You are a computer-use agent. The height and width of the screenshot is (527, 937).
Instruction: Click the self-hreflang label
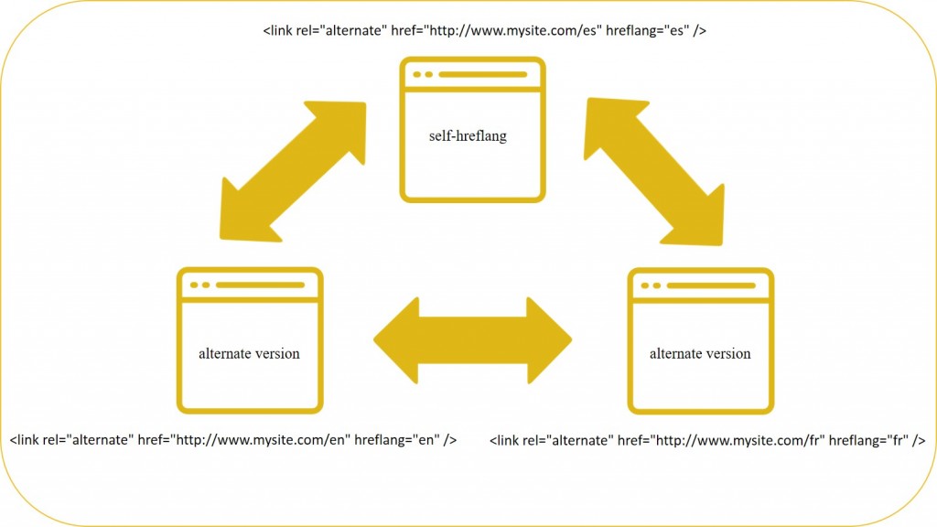click(x=468, y=136)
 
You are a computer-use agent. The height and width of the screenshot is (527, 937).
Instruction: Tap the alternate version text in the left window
click(x=249, y=353)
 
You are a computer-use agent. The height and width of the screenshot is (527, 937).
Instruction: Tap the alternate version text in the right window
click(x=700, y=353)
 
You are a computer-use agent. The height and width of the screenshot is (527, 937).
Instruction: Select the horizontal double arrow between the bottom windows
click(x=472, y=339)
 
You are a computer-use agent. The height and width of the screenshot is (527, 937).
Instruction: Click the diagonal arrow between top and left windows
click(x=293, y=172)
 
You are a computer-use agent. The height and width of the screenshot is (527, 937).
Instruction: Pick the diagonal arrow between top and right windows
click(x=654, y=171)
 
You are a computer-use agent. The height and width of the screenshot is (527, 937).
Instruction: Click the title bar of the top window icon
click(x=473, y=74)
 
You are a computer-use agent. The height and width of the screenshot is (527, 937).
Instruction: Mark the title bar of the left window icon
click(x=249, y=285)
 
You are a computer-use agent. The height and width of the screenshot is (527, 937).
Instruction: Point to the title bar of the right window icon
click(x=700, y=285)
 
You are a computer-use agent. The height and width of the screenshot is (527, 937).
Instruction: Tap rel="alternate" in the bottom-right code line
click(x=572, y=440)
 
